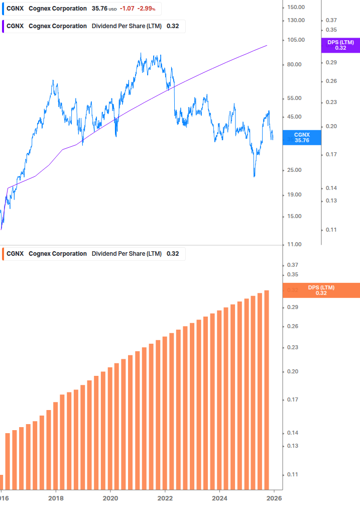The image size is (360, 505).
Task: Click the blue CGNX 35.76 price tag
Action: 302,137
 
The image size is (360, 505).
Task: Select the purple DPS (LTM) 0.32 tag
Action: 340,45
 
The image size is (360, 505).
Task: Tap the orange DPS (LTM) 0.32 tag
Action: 321,290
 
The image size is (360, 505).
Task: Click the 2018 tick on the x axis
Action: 56,498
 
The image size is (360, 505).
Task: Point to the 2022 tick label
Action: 165,498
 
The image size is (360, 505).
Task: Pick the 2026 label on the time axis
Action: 273,498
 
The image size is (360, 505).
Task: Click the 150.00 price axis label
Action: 295,7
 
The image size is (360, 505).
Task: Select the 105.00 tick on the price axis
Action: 295,40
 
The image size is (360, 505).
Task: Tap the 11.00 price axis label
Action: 295,244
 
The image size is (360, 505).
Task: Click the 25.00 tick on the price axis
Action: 295,170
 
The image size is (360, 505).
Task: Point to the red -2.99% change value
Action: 146,9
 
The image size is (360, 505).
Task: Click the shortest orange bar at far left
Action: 1,482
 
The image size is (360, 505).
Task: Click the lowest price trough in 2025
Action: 255,176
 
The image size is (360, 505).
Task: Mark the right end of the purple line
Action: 267,45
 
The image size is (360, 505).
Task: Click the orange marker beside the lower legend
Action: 3,254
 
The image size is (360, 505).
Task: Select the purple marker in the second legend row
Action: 3,26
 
